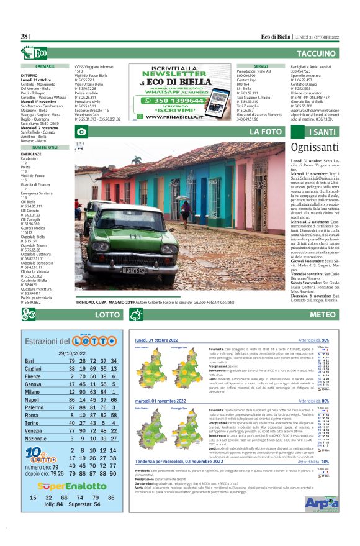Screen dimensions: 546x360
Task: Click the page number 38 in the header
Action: pos(25,37)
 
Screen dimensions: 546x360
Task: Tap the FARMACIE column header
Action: pos(46,65)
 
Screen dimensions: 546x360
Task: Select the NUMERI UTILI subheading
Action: pos(45,148)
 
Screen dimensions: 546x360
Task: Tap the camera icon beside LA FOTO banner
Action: pos(81,132)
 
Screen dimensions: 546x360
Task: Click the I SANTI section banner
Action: pos(323,132)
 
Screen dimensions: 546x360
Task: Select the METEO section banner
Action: pos(323,315)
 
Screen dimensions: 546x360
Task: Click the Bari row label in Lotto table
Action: pos(29,361)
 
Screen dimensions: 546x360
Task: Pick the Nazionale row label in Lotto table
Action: pos(36,439)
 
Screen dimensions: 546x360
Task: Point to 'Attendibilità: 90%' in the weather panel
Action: pos(313,340)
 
